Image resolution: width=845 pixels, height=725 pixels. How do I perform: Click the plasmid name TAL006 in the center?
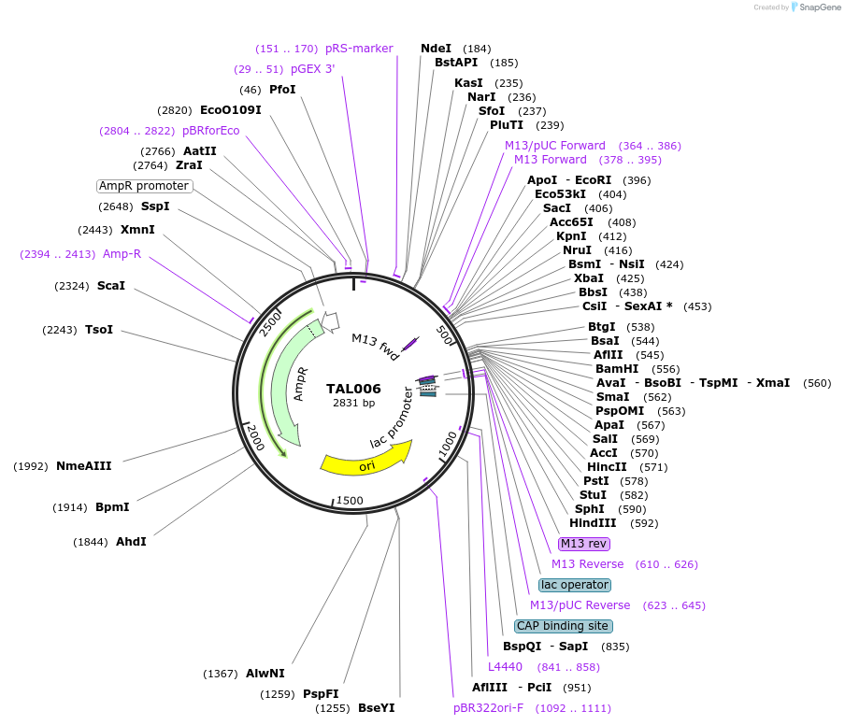pyautogui.click(x=353, y=389)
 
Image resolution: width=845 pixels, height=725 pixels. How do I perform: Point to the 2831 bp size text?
pyautogui.click(x=353, y=404)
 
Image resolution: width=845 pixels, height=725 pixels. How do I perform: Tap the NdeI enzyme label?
pyautogui.click(x=436, y=49)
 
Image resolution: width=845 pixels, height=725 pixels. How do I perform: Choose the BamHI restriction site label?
pyautogui.click(x=617, y=368)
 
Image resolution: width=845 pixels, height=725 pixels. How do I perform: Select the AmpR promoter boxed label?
pyautogui.click(x=144, y=186)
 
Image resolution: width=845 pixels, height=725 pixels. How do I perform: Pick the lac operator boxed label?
pyautogui.click(x=575, y=585)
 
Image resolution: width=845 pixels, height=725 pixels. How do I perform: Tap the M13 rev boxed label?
pyautogui.click(x=583, y=544)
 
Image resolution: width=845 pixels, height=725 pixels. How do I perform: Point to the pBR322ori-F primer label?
pyautogui.click(x=488, y=708)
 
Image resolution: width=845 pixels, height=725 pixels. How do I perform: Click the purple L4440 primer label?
pyautogui.click(x=505, y=667)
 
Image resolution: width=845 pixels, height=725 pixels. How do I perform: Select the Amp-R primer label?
pyautogui.click(x=122, y=254)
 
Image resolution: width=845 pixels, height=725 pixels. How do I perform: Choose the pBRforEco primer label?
pyautogui.click(x=210, y=131)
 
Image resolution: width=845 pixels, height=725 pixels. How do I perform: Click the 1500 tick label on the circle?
pyautogui.click(x=350, y=501)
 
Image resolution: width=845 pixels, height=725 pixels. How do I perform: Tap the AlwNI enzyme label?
pyautogui.click(x=265, y=673)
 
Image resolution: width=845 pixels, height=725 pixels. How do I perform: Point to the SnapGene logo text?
pyautogui.click(x=820, y=7)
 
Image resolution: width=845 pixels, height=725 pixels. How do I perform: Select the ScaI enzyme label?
pyautogui.click(x=110, y=286)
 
